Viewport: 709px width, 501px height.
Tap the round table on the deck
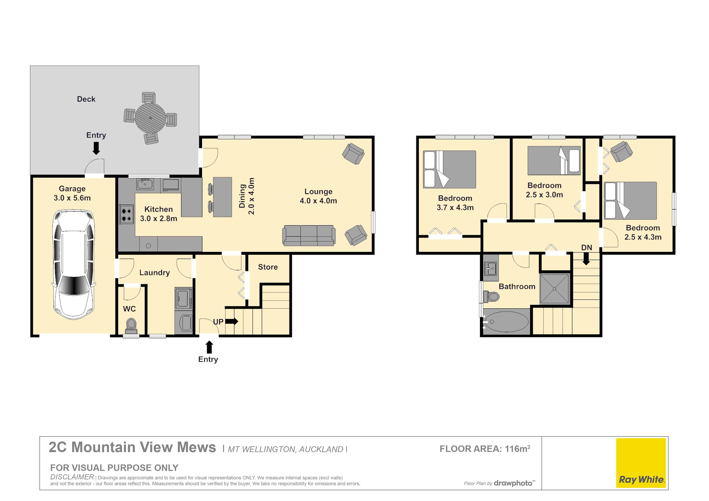pos(150,118)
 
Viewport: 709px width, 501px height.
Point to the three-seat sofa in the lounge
pos(309,236)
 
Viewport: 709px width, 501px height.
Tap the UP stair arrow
pos(232,321)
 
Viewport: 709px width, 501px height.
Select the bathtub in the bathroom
pos(506,321)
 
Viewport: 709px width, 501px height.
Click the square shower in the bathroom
pos(555,289)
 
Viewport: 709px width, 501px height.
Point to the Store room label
pos(268,267)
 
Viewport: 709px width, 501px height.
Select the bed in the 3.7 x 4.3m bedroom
pos(449,169)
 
